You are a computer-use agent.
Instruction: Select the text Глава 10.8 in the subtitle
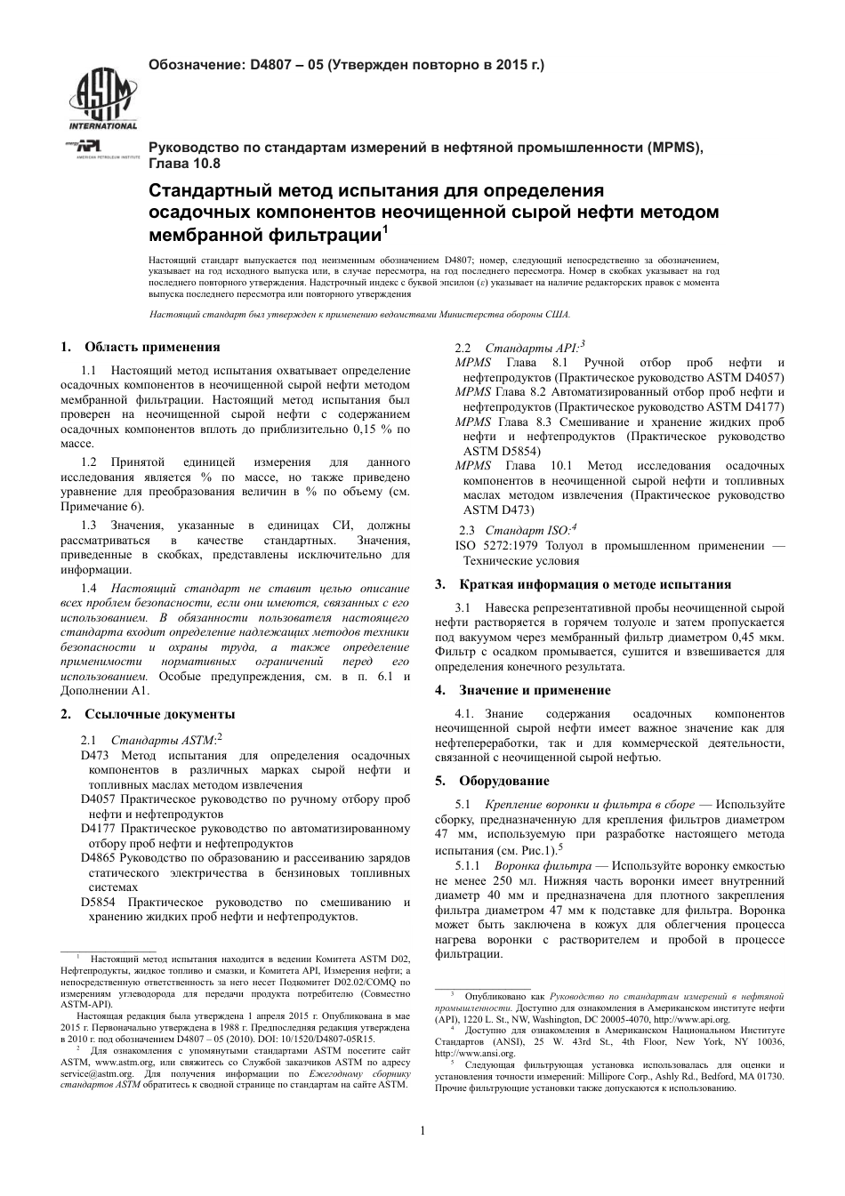coord(183,164)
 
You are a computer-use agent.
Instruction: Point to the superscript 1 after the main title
coord(385,230)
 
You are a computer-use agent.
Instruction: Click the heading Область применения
coord(152,347)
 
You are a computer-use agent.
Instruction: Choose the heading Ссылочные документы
coord(159,713)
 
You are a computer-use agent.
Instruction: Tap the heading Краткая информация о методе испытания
coord(595,584)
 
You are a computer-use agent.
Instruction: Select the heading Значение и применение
coord(547,690)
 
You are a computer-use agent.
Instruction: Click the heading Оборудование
coord(504,781)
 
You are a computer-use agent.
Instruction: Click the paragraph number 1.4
coord(89,589)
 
